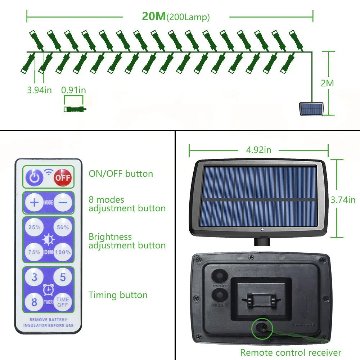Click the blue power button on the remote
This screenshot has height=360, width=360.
click(x=34, y=177)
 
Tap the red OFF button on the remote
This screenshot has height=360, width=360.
click(x=63, y=177)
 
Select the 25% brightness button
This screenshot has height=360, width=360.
click(x=34, y=228)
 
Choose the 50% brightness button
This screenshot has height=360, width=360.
click(x=63, y=228)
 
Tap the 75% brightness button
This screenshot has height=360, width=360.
click(x=34, y=252)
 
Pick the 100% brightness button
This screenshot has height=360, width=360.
click(x=63, y=252)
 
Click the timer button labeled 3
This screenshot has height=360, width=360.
click(x=34, y=278)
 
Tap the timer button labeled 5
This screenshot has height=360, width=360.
click(x=63, y=278)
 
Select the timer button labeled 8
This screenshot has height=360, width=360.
click(x=34, y=302)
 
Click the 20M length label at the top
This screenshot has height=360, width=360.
click(x=154, y=17)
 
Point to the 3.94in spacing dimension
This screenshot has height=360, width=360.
click(x=39, y=90)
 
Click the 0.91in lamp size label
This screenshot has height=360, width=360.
click(x=73, y=90)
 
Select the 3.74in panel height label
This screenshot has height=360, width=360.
click(x=343, y=200)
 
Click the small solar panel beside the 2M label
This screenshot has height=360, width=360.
click(x=311, y=109)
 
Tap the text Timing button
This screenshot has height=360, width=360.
click(x=118, y=295)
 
